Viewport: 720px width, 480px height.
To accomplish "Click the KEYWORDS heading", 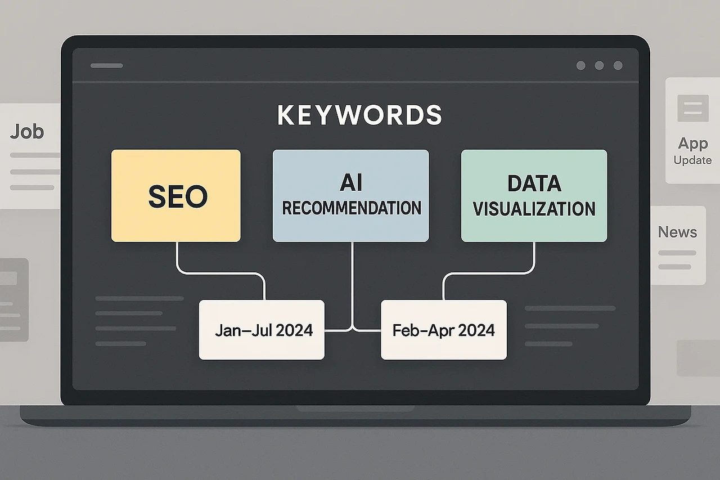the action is (x=359, y=115).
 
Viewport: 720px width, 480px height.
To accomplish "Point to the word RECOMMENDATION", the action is (x=351, y=208).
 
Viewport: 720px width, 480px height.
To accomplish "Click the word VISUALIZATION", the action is (x=534, y=209).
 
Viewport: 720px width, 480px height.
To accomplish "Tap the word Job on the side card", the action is (x=26, y=132).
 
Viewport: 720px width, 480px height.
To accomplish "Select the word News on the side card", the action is (x=677, y=232).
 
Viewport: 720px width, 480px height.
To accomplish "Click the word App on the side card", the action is (x=692, y=143).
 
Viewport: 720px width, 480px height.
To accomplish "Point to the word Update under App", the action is (x=692, y=160).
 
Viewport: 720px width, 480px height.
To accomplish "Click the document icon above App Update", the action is (x=692, y=108).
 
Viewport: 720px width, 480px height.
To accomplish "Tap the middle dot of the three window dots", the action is (x=600, y=66).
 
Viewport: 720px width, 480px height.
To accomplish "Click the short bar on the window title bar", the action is (x=106, y=66).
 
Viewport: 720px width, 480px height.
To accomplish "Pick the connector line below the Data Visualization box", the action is (x=533, y=259).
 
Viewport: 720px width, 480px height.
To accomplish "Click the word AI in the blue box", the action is (x=351, y=183).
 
